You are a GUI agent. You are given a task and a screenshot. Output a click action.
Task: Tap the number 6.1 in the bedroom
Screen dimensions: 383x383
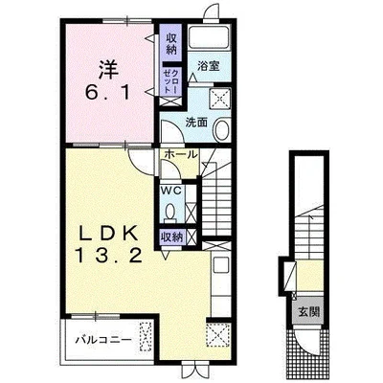click(107, 94)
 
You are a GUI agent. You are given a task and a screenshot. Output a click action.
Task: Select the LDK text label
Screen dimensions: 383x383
click(108, 234)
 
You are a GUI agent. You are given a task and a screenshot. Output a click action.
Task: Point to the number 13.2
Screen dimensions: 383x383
click(108, 256)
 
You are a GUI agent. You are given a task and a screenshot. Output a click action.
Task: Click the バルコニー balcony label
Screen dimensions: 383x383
click(103, 340)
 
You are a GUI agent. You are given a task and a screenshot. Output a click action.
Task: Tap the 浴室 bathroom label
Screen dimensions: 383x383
click(208, 66)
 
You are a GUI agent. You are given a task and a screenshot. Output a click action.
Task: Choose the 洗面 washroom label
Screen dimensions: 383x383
click(196, 123)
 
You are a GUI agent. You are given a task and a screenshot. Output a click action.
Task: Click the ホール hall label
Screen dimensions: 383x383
click(181, 155)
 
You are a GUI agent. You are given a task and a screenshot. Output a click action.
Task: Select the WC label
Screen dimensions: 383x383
click(171, 191)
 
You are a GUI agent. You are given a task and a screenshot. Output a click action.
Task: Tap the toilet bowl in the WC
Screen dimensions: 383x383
click(170, 213)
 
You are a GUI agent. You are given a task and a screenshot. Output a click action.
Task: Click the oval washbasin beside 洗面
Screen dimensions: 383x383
click(221, 130)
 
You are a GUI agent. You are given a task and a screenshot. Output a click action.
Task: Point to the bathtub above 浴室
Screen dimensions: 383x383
click(209, 38)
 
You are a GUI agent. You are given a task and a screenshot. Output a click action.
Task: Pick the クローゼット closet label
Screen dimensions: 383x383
click(171, 81)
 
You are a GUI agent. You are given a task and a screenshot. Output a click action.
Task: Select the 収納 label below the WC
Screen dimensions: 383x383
click(171, 237)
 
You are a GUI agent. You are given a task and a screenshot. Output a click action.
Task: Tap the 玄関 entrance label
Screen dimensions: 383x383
click(309, 311)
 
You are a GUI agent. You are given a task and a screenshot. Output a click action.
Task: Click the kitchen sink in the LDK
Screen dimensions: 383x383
click(220, 265)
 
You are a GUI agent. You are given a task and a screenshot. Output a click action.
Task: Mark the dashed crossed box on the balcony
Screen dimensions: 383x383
click(146, 336)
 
